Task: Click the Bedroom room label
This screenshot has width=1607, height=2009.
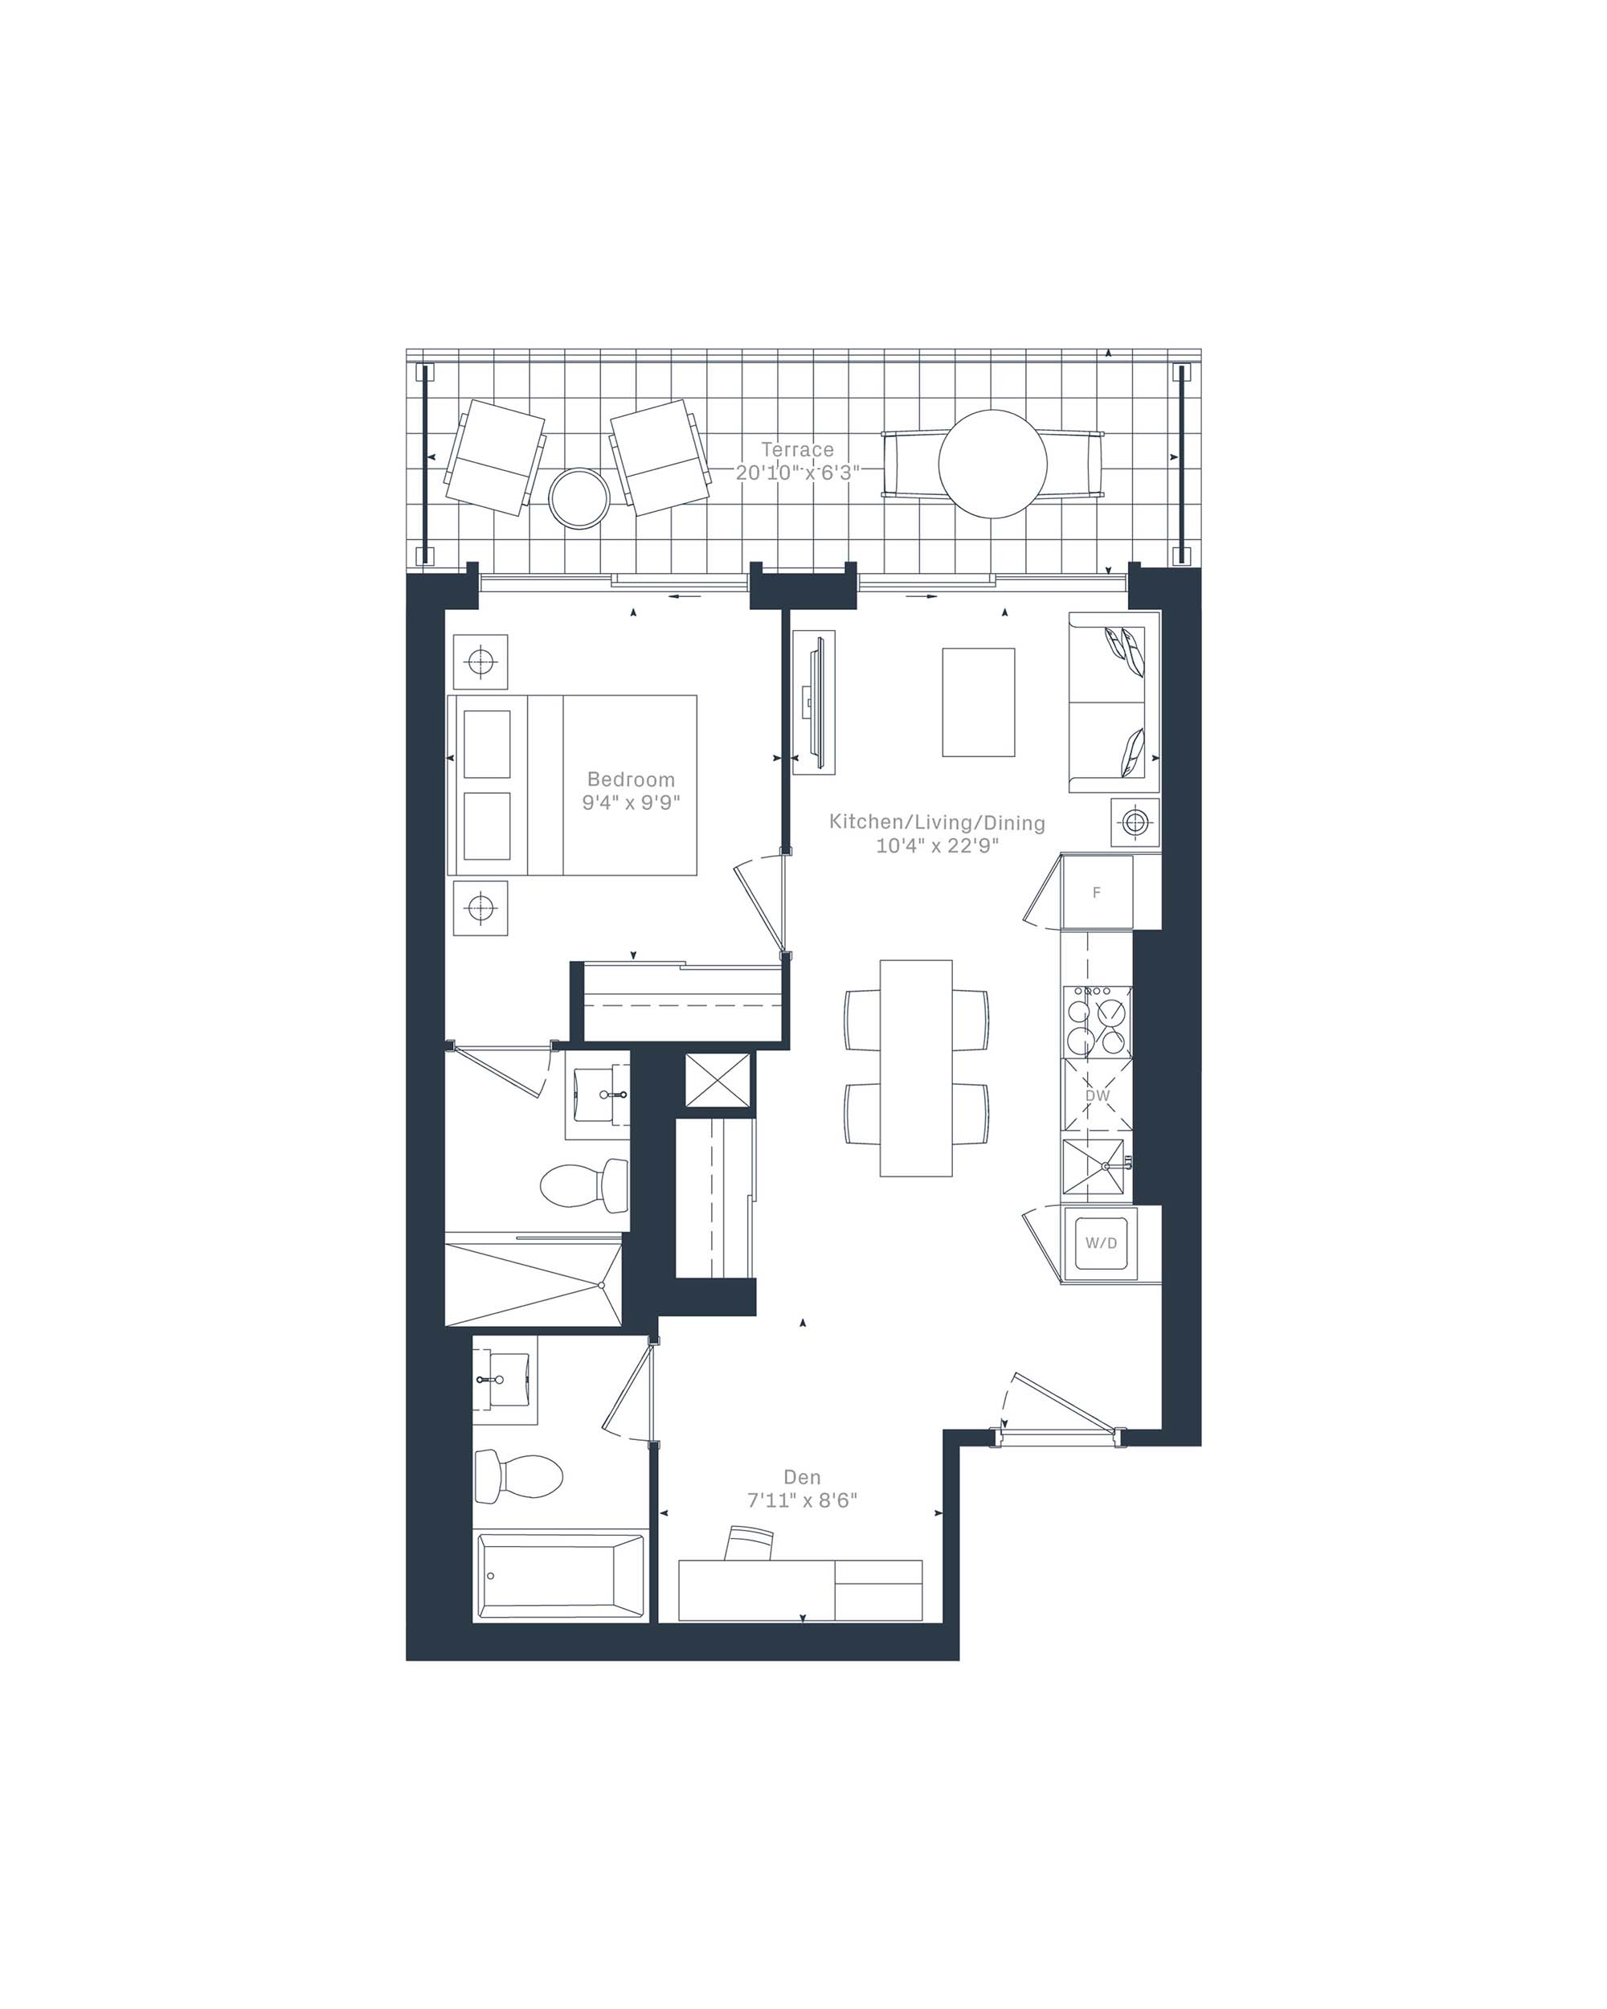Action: pos(631,779)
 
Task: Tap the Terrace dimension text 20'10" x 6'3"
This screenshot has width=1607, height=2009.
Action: pos(796,473)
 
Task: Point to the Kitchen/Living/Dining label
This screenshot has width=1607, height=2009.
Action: pos(937,823)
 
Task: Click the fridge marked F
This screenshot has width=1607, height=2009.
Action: pos(1098,892)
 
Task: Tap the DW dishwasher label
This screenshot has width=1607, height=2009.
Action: pos(1098,1096)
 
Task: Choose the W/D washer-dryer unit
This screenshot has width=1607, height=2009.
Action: pos(1101,1243)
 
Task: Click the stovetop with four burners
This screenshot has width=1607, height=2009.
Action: pos(1098,1022)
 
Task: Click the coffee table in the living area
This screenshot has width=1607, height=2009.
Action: pos(978,702)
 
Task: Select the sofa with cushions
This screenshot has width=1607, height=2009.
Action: pos(1114,702)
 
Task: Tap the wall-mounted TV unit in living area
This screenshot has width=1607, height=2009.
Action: pos(813,702)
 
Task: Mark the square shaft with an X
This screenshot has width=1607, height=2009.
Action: pos(718,1080)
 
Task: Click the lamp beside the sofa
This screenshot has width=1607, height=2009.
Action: pos(1135,823)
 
